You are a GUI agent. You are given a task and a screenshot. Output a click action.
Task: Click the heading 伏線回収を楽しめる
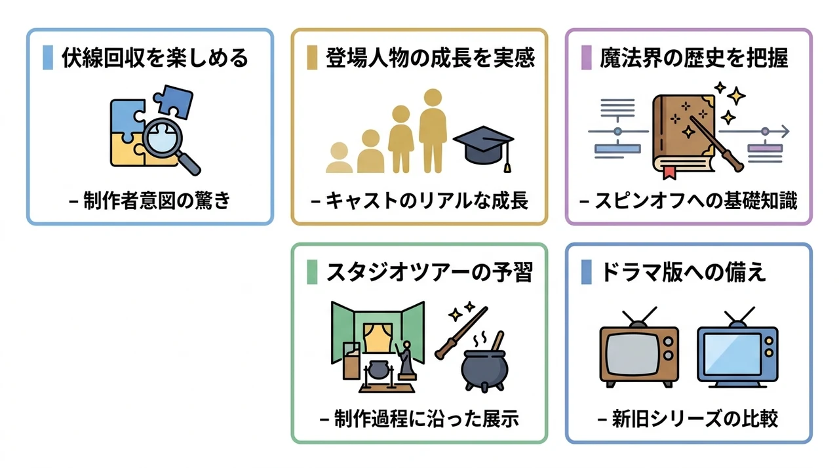click(x=155, y=58)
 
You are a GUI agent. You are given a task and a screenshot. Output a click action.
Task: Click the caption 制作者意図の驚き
click(x=150, y=201)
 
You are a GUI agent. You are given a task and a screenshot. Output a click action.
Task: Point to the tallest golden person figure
click(x=433, y=130)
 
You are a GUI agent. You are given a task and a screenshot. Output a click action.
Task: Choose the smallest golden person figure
click(x=340, y=157)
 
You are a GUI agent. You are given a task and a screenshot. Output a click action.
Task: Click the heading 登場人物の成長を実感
click(x=430, y=58)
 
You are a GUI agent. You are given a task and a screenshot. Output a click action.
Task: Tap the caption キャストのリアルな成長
click(x=419, y=201)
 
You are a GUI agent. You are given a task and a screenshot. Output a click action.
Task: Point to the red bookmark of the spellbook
click(x=669, y=172)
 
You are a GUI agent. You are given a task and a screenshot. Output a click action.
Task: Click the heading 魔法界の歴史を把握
click(x=694, y=58)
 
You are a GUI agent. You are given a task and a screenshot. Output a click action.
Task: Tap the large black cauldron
click(x=484, y=368)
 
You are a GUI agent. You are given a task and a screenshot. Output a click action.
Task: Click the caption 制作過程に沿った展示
click(x=419, y=419)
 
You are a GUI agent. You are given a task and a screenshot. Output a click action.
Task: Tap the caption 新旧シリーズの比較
click(x=688, y=419)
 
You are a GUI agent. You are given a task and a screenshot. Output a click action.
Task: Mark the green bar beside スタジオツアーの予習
click(x=312, y=272)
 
